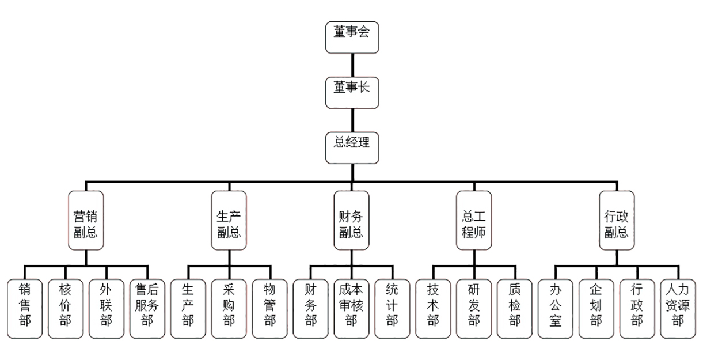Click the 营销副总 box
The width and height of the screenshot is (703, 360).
coord(86,221)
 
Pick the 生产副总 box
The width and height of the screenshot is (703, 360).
coord(229,221)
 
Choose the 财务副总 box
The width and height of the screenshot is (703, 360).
coord(351,221)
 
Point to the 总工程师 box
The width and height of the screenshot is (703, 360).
coord(474,221)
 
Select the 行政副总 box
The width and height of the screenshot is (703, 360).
coord(617,221)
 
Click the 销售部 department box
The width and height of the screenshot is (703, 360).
coord(25,308)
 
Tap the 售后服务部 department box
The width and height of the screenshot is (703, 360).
coord(147,308)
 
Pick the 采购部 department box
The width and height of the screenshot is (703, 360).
coord(229,308)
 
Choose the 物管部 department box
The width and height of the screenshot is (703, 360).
coord(269,308)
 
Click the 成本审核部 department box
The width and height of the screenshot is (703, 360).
coord(351,308)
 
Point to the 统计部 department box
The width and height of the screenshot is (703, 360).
coord(392,308)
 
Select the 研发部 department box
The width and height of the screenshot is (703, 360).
coord(474,308)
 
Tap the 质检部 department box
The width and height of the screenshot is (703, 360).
coord(515,308)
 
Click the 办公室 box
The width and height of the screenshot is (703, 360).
coord(556,308)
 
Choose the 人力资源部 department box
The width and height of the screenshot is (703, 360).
coord(678,308)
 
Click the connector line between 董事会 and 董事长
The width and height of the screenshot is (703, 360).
coord(352,65)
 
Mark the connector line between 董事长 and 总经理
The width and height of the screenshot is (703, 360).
coord(352,120)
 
